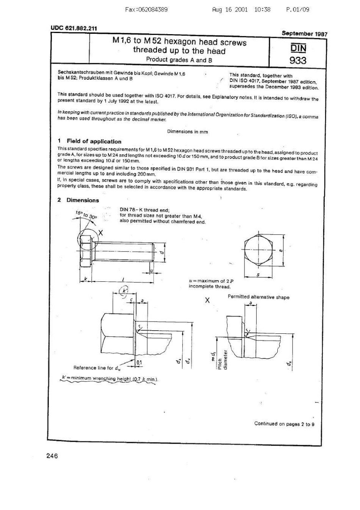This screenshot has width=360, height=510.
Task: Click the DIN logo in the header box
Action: coord(298,48)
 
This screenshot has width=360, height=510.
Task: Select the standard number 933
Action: coord(298,60)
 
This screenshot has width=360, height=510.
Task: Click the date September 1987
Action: coord(304,33)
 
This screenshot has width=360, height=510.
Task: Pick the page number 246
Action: coord(52,456)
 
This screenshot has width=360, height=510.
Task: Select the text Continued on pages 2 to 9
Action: coord(284,424)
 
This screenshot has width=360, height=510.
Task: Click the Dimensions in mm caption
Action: coord(188,132)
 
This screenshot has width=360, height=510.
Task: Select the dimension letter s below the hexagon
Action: coord(258,275)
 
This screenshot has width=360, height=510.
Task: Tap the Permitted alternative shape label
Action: coord(258,297)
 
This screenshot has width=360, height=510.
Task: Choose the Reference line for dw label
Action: coord(97,367)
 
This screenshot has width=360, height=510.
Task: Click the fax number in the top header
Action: coord(146,9)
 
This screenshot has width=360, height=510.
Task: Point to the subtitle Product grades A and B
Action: coord(179,60)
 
